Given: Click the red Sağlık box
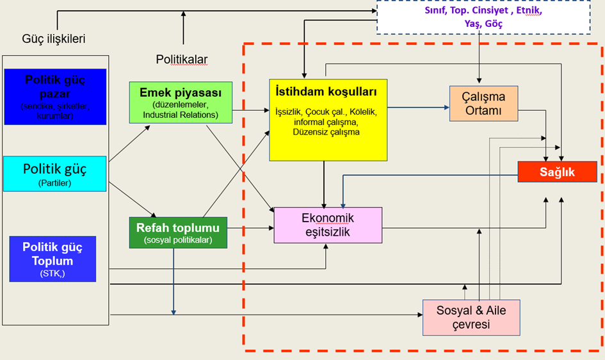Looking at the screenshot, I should tap(557, 172).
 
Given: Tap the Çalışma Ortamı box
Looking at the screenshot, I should tap(483, 103).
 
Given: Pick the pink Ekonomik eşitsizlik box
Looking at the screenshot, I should tap(328, 225).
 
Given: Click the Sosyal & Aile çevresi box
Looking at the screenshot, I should tap(471, 317).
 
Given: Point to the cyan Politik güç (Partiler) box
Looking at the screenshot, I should tap(54, 174).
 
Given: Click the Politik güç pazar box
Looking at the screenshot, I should tap(54, 97).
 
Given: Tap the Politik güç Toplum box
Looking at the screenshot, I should tap(52, 259).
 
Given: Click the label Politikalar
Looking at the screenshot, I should tap(182, 60).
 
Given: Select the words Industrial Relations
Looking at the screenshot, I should tap(180, 115).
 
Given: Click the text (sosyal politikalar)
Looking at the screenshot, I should tap(177, 240).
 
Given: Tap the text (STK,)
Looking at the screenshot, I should tap(53, 274).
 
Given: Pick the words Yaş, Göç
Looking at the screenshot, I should tap(483, 24).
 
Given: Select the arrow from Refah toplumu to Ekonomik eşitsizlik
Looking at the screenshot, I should tap(250, 227).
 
